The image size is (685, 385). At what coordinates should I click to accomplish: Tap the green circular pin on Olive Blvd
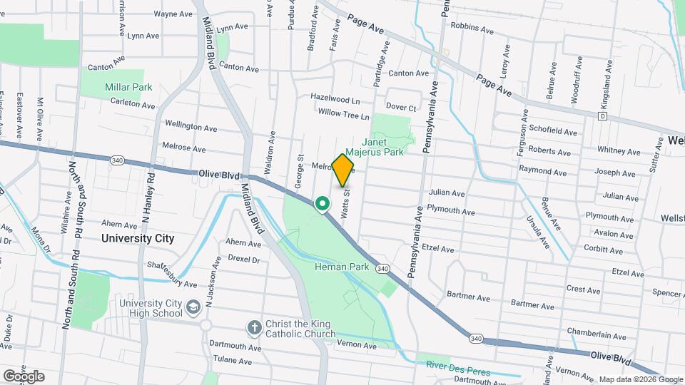coord(323,205)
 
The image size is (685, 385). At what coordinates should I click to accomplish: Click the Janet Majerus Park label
coord(375,146)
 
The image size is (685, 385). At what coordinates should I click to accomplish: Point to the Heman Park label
coord(341,267)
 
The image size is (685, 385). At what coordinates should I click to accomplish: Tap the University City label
coord(138,239)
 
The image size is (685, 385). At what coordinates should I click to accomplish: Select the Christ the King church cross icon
coord(253,328)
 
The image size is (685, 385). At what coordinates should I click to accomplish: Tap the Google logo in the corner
coord(24,376)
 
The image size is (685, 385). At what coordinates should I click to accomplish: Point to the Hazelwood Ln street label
coord(335,97)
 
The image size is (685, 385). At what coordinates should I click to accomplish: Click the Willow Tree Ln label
coord(344,114)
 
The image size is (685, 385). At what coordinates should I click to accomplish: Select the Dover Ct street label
coord(402,108)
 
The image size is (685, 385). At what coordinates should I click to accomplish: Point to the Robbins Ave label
coord(472,31)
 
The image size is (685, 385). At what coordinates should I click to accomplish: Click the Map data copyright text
coord(639,379)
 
